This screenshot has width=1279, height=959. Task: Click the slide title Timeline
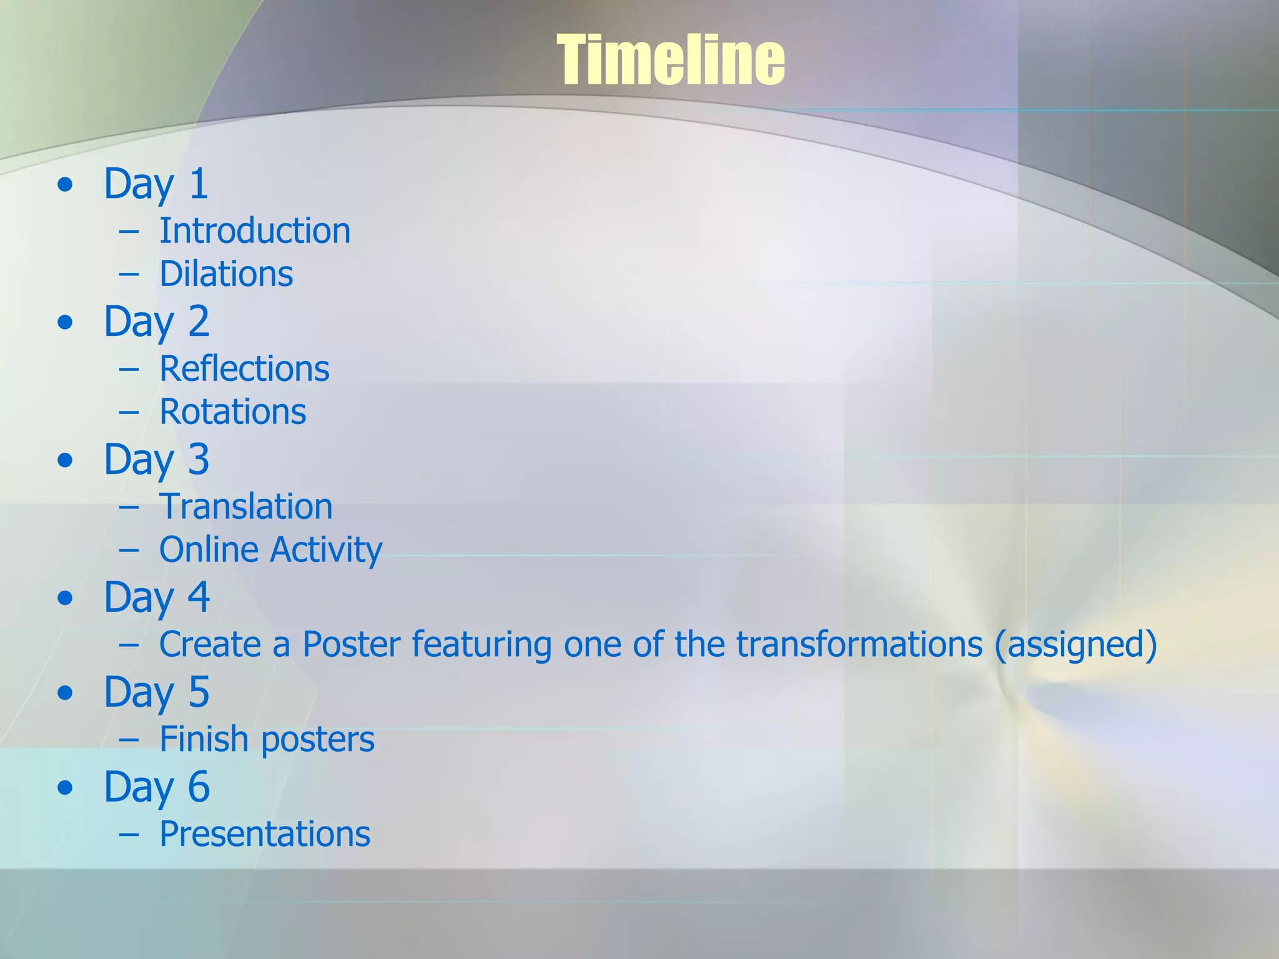click(671, 60)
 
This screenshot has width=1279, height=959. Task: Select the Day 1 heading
click(156, 184)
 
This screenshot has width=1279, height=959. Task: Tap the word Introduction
click(255, 231)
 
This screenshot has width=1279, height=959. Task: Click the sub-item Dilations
click(226, 274)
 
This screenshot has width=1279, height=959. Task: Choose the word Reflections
click(244, 368)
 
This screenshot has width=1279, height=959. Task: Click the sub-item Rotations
click(232, 412)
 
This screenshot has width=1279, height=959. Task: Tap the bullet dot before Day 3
click(65, 461)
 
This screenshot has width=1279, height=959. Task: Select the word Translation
click(245, 506)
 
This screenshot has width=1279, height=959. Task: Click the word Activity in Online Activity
click(326, 551)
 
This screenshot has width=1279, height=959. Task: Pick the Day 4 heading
click(156, 598)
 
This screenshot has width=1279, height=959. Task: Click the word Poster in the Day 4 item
click(351, 644)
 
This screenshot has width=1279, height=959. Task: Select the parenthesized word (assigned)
click(1075, 646)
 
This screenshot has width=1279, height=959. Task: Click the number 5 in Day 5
click(199, 692)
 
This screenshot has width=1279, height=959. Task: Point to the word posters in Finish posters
click(317, 740)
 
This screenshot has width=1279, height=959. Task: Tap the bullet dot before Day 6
click(65, 788)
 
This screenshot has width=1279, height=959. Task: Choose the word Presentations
click(265, 834)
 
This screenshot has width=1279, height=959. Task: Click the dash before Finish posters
click(129, 740)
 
